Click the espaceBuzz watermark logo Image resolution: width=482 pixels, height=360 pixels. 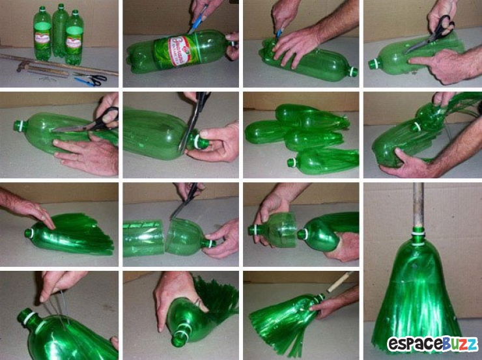(x=432, y=344)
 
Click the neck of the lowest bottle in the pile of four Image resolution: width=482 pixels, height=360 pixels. (x=294, y=163)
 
